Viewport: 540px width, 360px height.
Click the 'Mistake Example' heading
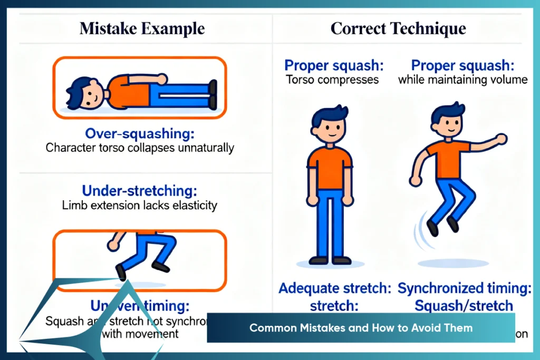point(142,28)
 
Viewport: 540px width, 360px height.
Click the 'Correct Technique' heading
point(398,28)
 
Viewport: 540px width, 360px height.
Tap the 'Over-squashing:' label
point(139,132)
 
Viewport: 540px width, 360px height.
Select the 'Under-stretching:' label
point(139,190)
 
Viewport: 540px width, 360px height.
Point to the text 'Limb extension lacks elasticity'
point(139,205)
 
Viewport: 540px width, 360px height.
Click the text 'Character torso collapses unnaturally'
point(139,148)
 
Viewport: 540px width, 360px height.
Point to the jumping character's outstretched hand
point(502,139)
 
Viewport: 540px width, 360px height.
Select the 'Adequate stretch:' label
point(335,288)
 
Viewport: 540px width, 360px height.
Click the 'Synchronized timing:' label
point(456,288)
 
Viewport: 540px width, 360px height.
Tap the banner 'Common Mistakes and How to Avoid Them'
point(361,328)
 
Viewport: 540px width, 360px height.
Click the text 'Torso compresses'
point(332,80)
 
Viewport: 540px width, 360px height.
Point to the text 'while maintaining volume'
point(462,80)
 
